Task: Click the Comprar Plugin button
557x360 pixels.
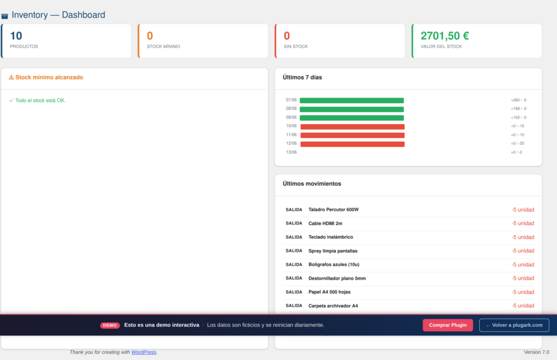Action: pos(448,325)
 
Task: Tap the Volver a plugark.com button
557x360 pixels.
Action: pos(514,325)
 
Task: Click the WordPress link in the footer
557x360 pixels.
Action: pos(144,352)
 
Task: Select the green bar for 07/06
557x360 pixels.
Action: pos(352,101)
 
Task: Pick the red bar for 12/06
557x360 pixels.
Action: pos(352,144)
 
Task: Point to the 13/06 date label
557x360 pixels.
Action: pos(292,152)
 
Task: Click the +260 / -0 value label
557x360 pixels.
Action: pos(518,100)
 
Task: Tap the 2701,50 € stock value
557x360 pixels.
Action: pos(445,35)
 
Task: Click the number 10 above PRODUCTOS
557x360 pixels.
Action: pos(16,35)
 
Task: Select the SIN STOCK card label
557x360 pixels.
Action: pos(296,47)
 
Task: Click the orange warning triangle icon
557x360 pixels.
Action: pos(11,77)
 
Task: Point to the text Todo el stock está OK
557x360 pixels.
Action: pos(40,101)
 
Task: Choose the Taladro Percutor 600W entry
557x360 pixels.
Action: pos(333,209)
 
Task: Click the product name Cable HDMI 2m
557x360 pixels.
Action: pos(325,224)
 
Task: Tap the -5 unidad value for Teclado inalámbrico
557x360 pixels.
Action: pos(523,237)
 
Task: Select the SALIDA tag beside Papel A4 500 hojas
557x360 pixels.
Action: pos(294,292)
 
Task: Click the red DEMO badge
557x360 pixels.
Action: pos(110,325)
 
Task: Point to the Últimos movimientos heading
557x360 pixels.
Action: pos(312,184)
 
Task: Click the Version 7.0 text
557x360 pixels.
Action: pos(536,352)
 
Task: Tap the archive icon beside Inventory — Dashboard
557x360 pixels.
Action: pos(4,16)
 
